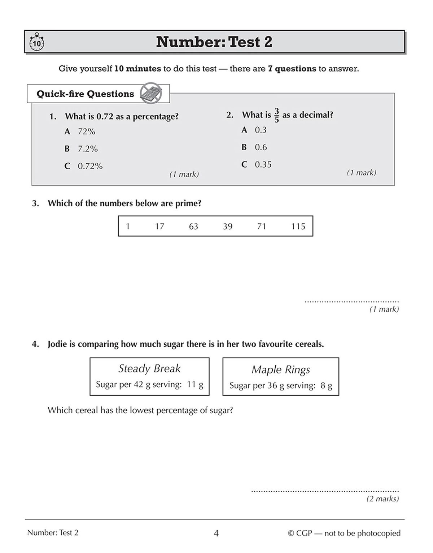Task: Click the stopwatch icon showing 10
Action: (36, 43)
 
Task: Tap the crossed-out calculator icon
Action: (150, 93)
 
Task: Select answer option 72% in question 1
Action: (87, 131)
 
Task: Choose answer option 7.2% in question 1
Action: (88, 149)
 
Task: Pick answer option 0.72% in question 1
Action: (90, 166)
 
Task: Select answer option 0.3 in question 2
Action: (261, 130)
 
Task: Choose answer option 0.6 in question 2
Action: (261, 147)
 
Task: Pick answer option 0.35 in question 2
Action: (263, 165)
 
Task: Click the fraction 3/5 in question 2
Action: (277, 115)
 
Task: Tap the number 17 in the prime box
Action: (159, 226)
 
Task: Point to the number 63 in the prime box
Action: (193, 226)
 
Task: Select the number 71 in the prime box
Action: (262, 226)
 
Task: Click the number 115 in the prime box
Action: (298, 226)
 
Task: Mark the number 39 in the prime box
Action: (227, 226)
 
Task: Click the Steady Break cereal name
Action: (149, 368)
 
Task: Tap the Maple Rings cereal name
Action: (281, 370)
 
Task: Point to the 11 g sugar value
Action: (195, 384)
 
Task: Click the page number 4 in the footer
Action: (216, 533)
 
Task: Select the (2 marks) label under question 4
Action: (382, 499)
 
